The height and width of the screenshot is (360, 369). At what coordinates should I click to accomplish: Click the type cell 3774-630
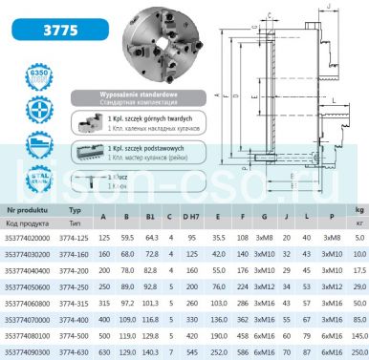[82, 352]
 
